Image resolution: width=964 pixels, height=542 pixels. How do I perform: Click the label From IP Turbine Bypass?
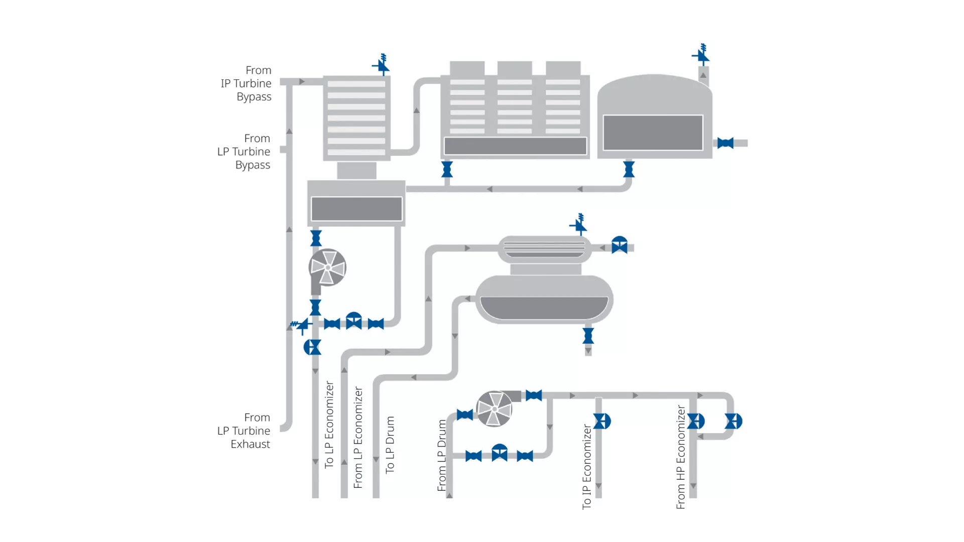(x=246, y=83)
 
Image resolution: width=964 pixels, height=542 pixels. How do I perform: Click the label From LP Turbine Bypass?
(x=244, y=152)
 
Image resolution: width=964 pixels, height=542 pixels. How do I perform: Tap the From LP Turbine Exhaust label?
(x=244, y=431)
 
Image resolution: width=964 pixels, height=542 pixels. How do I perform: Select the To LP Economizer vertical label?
(x=329, y=425)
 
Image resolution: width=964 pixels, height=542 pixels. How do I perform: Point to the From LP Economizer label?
(x=358, y=437)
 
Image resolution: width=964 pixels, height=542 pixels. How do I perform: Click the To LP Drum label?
(x=390, y=445)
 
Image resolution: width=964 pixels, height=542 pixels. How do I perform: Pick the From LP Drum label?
(x=442, y=455)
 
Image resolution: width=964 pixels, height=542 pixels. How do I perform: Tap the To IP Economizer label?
(x=586, y=467)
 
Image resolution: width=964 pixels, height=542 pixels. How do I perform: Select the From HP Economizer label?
(x=680, y=457)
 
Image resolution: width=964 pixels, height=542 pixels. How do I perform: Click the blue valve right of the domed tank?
(x=725, y=144)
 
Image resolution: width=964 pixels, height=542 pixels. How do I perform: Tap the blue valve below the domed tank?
(x=629, y=169)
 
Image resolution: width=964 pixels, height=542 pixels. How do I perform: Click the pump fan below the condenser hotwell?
(x=327, y=267)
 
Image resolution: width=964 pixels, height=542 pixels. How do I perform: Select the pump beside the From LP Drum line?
(x=495, y=409)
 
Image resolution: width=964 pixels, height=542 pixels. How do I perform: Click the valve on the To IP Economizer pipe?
(x=601, y=421)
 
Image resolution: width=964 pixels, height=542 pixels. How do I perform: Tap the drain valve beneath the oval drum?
(x=588, y=336)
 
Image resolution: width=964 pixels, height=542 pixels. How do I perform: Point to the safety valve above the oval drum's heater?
(x=579, y=225)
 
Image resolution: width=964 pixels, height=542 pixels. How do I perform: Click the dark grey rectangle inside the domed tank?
(x=653, y=132)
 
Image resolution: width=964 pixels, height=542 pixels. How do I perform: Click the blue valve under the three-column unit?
(x=447, y=169)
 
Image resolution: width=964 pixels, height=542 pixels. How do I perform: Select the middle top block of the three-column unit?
(x=515, y=68)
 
